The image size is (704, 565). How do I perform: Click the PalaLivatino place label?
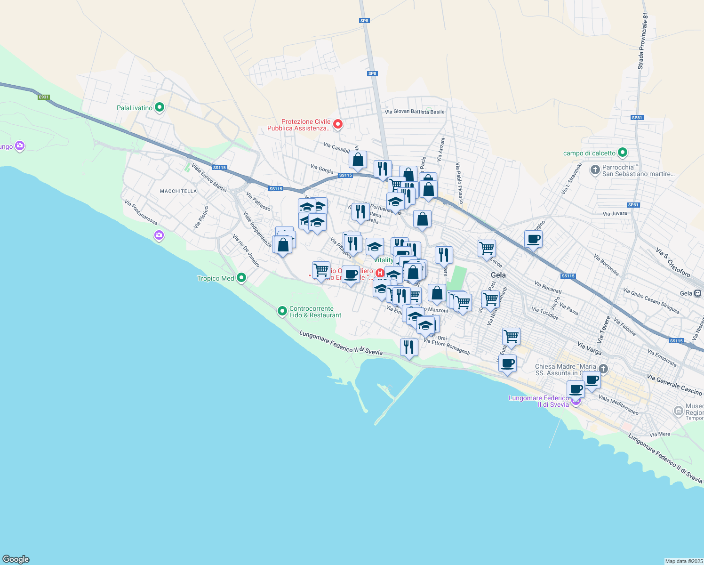pyautogui.click(x=135, y=108)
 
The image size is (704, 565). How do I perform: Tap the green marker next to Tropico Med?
pyautogui.click(x=241, y=278)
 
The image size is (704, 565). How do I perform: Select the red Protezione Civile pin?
pyautogui.click(x=337, y=124)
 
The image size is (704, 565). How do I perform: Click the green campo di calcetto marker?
pyautogui.click(x=623, y=153)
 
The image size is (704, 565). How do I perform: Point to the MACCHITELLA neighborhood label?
pyautogui.click(x=178, y=191)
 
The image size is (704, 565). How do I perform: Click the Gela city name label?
pyautogui.click(x=498, y=275)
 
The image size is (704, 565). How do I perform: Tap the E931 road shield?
pyautogui.click(x=44, y=97)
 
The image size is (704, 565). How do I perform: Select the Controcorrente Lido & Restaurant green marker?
pyautogui.click(x=282, y=311)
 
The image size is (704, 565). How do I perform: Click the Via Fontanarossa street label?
pyautogui.click(x=141, y=212)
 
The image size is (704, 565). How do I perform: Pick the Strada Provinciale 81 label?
pyautogui.click(x=643, y=41)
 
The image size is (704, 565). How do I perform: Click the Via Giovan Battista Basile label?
pyautogui.click(x=415, y=112)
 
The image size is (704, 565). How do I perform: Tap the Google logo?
pyautogui.click(x=16, y=559)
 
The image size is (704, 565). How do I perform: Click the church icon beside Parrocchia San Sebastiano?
pyautogui.click(x=595, y=169)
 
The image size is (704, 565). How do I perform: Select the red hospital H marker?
pyautogui.click(x=380, y=273)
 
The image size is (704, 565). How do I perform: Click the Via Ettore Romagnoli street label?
pyautogui.click(x=447, y=347)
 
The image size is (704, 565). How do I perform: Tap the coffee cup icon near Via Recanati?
pyautogui.click(x=533, y=239)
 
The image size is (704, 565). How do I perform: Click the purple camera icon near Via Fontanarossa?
pyautogui.click(x=159, y=235)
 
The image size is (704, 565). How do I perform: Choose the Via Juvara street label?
pyautogui.click(x=615, y=213)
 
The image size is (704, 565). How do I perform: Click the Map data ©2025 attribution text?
pyautogui.click(x=683, y=561)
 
